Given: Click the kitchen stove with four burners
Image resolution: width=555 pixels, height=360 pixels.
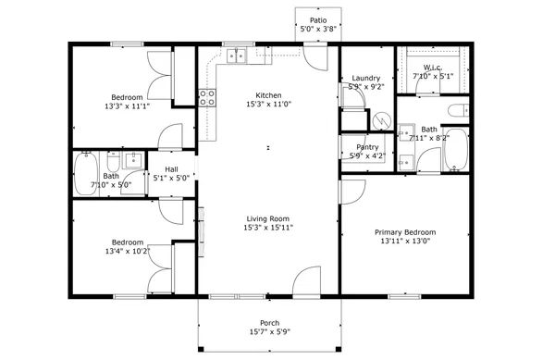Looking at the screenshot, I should click(207, 97).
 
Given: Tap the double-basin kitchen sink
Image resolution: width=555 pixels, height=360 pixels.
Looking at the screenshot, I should click(237, 56).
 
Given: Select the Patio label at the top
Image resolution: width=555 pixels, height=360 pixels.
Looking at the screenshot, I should click(318, 19).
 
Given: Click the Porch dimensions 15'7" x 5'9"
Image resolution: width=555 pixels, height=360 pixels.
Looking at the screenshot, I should click(269, 331).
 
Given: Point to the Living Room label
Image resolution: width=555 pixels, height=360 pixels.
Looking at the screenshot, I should click(267, 218).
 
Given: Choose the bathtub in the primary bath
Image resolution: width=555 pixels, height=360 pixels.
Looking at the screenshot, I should click(457, 152).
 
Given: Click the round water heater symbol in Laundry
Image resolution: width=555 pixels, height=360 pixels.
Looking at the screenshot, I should click(379, 121).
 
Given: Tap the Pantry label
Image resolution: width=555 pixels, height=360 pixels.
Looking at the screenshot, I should click(367, 146).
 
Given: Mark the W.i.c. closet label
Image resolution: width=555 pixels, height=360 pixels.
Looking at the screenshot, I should click(433, 68).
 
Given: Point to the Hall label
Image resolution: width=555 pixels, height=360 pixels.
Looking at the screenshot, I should click(171, 168).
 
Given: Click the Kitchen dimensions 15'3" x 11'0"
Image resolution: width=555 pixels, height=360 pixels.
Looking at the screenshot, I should click(269, 105).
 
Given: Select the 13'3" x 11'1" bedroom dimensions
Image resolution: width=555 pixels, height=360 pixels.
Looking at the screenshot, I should click(127, 106).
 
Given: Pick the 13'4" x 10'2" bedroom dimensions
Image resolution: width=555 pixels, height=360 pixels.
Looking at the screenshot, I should click(127, 250).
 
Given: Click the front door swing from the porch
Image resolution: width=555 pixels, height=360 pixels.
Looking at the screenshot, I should click(310, 282).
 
